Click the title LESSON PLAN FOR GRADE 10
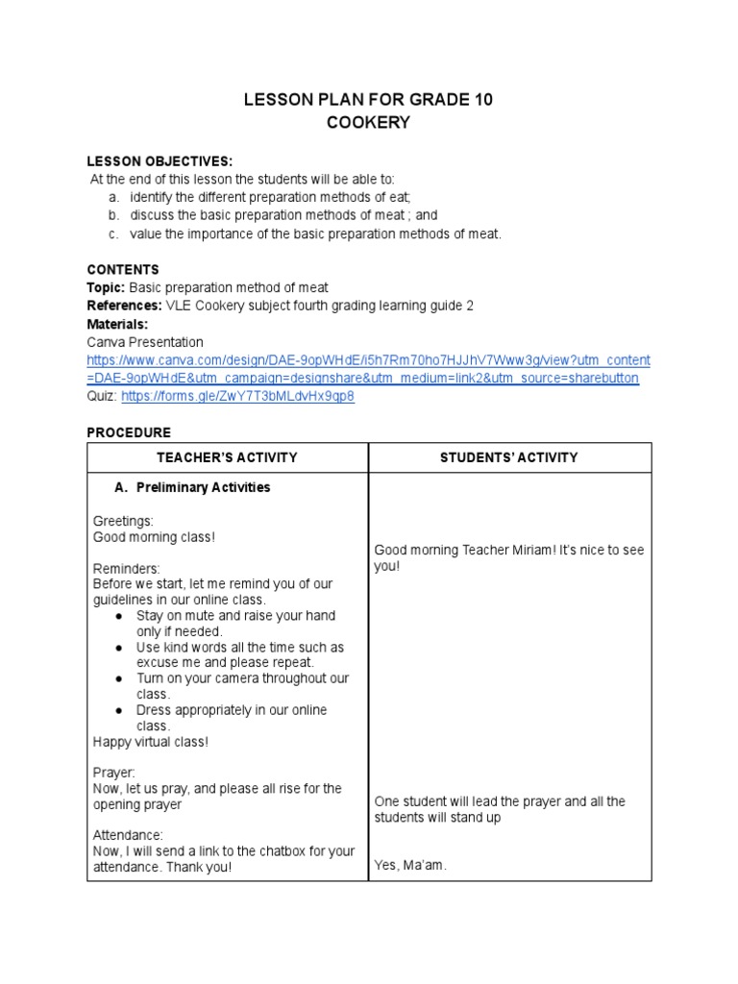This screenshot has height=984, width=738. click(369, 100)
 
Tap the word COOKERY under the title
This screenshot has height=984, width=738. click(369, 123)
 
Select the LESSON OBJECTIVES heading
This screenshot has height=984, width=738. click(160, 160)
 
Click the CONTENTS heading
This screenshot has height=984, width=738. click(123, 270)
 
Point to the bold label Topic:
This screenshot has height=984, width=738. click(106, 287)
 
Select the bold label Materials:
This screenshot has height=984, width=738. click(117, 324)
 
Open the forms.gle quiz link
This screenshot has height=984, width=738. click(237, 396)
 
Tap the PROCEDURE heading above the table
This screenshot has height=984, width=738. click(129, 432)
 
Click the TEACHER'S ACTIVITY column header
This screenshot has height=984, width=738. click(228, 457)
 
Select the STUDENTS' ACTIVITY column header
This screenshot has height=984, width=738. click(509, 457)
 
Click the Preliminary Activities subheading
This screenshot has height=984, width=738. click(203, 487)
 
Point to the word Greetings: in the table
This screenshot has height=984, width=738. click(123, 520)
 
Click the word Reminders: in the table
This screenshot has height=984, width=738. click(127, 568)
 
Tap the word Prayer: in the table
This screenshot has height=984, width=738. click(114, 772)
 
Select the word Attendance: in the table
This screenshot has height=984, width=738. click(129, 835)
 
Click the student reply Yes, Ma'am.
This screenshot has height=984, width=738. click(410, 865)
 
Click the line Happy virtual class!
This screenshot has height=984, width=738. click(150, 741)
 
